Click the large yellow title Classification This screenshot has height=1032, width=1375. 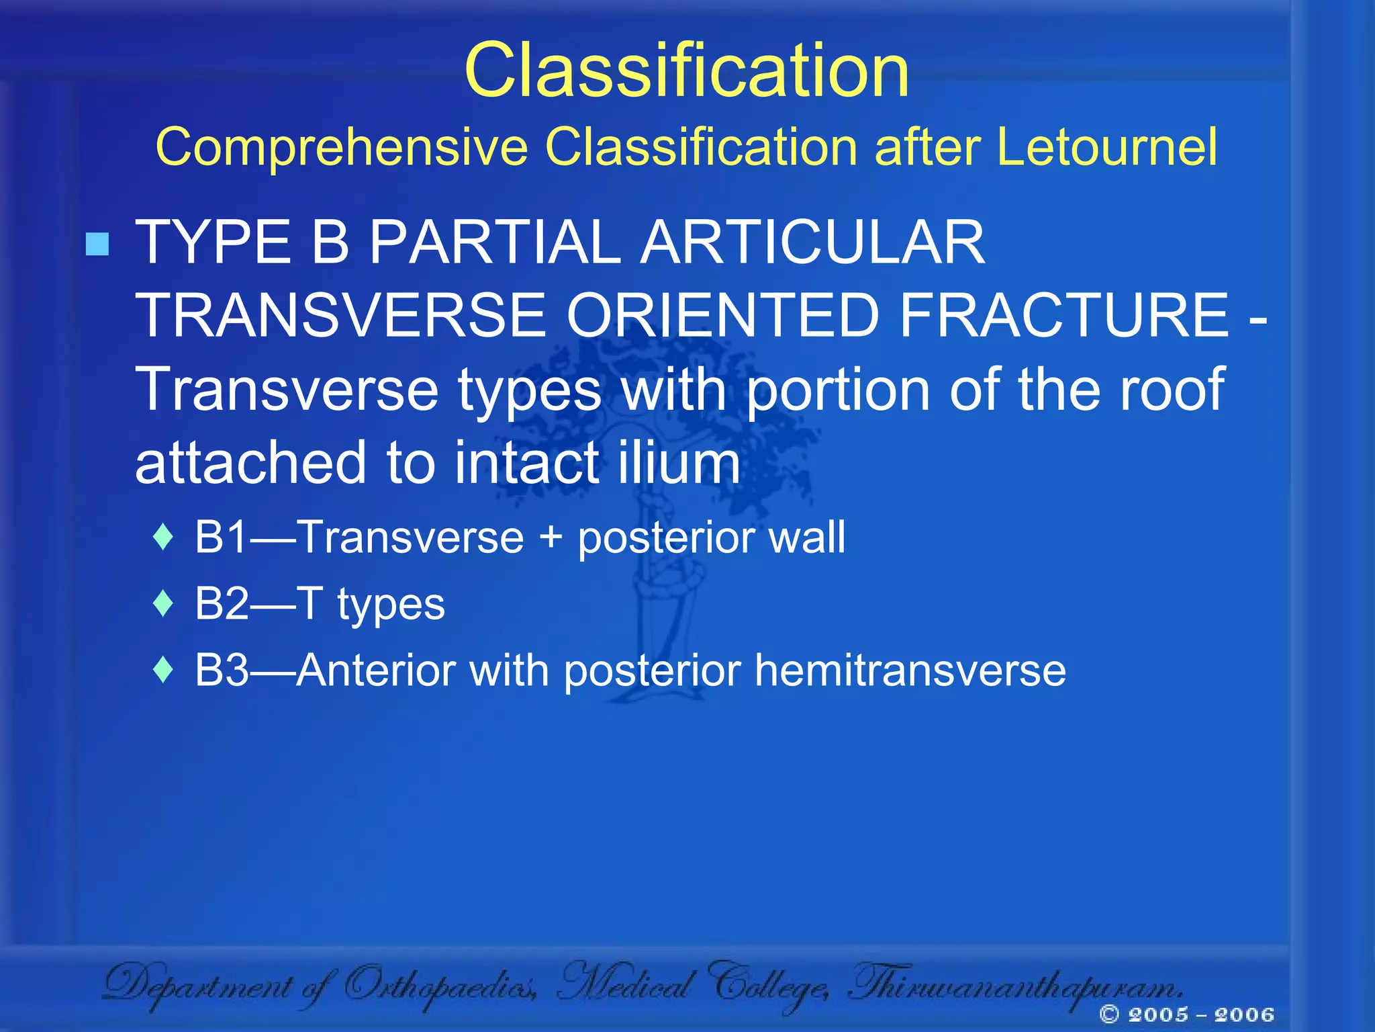point(686,71)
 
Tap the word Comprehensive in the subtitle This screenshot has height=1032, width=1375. point(342,148)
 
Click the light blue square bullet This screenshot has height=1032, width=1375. point(97,244)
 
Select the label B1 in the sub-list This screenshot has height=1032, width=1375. point(220,537)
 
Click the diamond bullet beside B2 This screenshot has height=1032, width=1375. point(163,603)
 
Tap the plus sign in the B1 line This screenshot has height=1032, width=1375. point(551,538)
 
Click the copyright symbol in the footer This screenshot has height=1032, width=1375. point(1109,1014)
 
